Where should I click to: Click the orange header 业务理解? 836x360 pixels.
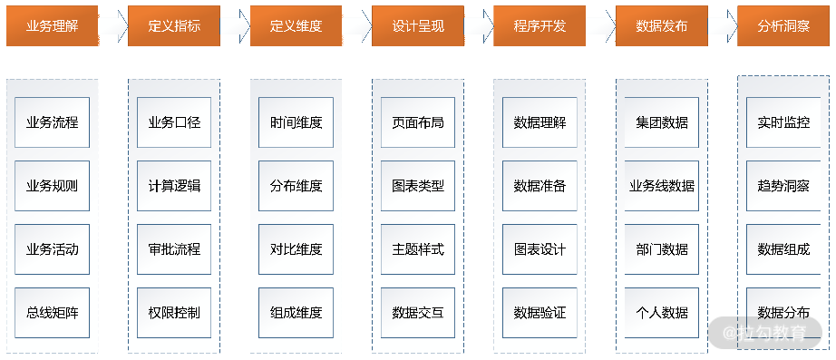point(53,25)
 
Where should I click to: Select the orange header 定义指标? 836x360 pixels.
point(174,25)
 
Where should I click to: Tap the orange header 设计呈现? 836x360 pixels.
point(417,25)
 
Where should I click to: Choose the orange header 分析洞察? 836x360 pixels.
point(783,25)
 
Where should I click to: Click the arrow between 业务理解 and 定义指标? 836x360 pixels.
point(113,25)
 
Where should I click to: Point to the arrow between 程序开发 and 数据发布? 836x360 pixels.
point(600,25)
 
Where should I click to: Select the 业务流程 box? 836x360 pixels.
point(53,122)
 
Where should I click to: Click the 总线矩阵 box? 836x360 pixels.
point(53,313)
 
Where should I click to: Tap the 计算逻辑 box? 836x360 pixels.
point(174,186)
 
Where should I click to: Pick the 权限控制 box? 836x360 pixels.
point(174,313)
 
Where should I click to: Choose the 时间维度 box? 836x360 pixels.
point(296,122)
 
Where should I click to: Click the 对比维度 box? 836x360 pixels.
point(296,249)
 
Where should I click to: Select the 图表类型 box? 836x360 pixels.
point(418,186)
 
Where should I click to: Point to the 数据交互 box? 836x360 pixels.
point(418,313)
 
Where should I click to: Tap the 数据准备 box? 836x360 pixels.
point(540,186)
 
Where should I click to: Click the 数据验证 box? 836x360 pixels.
point(540,313)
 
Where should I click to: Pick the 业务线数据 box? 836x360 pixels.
point(662,186)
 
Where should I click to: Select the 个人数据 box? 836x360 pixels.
point(662,313)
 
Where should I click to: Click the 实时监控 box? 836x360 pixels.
point(783,122)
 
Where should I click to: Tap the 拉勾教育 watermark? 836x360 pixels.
point(765,334)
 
